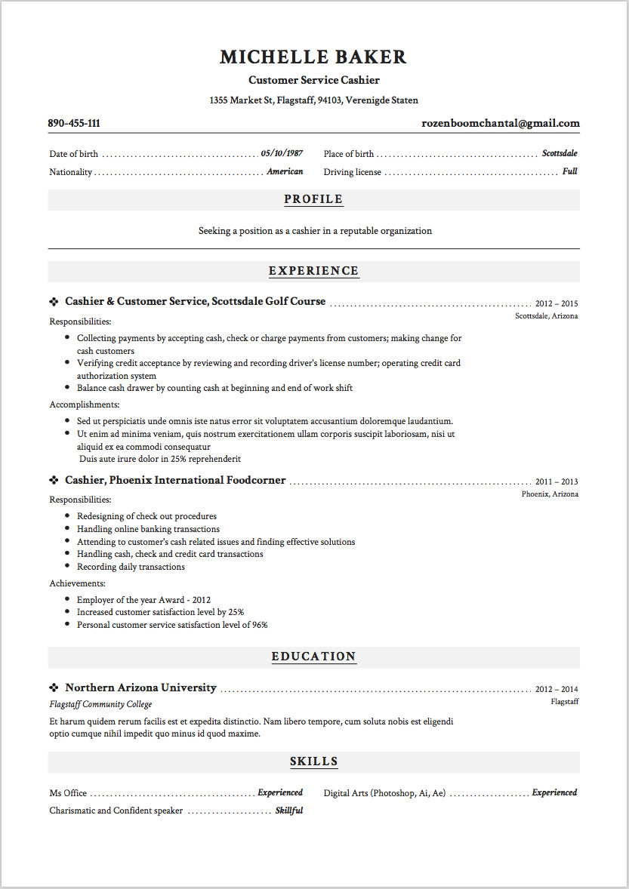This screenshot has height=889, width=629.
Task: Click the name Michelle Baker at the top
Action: pyautogui.click(x=313, y=57)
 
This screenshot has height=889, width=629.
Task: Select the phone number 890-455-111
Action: pyautogui.click(x=74, y=124)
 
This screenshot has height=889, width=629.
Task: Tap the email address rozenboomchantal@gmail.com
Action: pyautogui.click(x=501, y=124)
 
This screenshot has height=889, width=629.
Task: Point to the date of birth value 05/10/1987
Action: pyautogui.click(x=282, y=154)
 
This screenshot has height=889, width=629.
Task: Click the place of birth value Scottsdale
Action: pyautogui.click(x=560, y=154)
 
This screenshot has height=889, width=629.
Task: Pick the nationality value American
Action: pyautogui.click(x=285, y=172)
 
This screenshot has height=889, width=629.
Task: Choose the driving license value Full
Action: pyautogui.click(x=569, y=172)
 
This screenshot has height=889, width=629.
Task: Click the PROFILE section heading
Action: pyautogui.click(x=313, y=200)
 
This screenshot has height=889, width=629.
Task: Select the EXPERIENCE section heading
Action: pyautogui.click(x=313, y=271)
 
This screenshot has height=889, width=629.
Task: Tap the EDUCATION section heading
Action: pyautogui.click(x=313, y=657)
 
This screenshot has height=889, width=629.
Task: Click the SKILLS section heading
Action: pyautogui.click(x=313, y=761)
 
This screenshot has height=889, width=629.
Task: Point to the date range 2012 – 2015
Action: pyautogui.click(x=557, y=303)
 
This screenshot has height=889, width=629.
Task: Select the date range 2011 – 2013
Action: pyautogui.click(x=557, y=482)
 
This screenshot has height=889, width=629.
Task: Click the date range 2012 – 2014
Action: pyautogui.click(x=557, y=690)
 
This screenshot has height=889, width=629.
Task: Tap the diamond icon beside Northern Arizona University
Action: pyautogui.click(x=54, y=688)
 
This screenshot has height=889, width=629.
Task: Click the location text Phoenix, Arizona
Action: pyautogui.click(x=550, y=494)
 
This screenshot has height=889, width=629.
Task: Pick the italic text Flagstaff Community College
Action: pyautogui.click(x=100, y=705)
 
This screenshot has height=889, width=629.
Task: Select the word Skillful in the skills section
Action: pyautogui.click(x=288, y=811)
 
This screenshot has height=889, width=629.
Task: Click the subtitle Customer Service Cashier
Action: pyautogui.click(x=313, y=80)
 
